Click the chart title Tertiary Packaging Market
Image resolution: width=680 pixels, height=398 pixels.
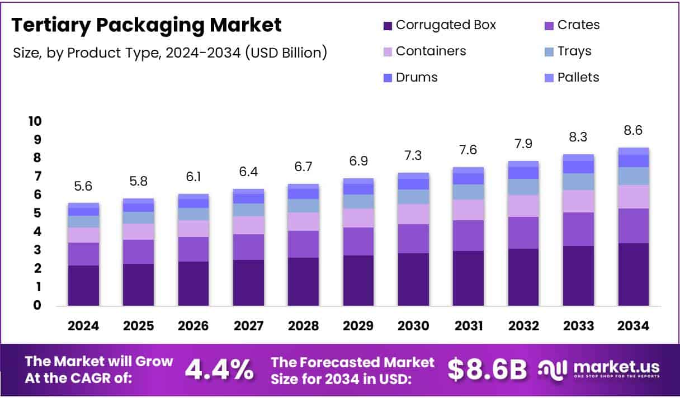click(x=147, y=25)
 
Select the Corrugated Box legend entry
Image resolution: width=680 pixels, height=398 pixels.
click(x=439, y=25)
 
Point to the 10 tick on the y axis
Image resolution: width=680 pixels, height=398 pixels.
click(x=35, y=121)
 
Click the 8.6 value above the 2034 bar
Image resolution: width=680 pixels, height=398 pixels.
click(x=633, y=130)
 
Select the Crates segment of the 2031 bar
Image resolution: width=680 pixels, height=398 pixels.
click(x=468, y=235)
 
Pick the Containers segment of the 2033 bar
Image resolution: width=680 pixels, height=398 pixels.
click(x=578, y=201)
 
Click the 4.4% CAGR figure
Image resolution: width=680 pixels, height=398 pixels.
click(x=219, y=369)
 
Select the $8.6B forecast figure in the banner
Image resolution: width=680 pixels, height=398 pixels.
click(x=487, y=369)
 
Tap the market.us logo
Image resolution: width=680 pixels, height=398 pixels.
click(x=599, y=369)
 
